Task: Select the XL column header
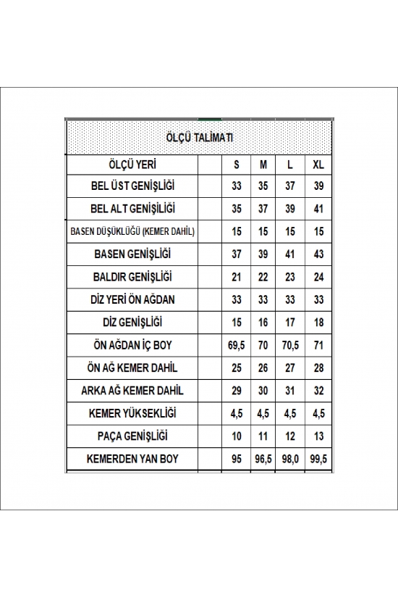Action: click(x=318, y=164)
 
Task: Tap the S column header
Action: click(x=236, y=164)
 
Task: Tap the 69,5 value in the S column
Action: click(x=236, y=345)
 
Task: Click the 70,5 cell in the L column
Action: click(x=289, y=345)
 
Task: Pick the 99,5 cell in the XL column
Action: click(x=318, y=459)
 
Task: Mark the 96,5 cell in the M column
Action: click(x=263, y=459)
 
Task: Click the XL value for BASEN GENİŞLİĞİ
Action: click(x=318, y=254)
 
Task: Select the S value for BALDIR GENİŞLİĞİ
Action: click(x=236, y=277)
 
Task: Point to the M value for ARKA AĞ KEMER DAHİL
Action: click(x=263, y=391)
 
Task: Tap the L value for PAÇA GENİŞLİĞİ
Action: click(x=289, y=436)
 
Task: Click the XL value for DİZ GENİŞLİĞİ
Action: click(x=318, y=323)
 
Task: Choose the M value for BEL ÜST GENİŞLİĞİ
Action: click(x=263, y=186)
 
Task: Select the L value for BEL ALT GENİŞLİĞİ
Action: click(x=289, y=209)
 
